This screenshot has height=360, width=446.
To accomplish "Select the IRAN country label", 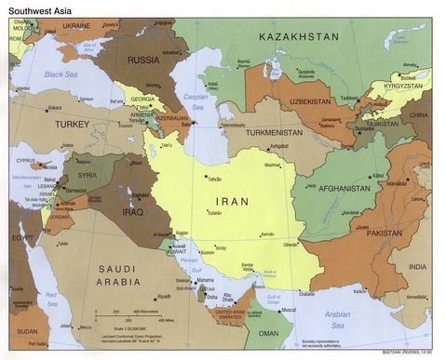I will [232, 201].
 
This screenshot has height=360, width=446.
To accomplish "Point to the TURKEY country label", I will [72, 124].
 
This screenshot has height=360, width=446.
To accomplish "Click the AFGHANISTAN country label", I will [344, 187].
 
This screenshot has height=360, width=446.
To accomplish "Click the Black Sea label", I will [61, 73].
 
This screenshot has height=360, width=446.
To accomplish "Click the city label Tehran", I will [215, 178].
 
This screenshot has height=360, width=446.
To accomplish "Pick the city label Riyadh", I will [163, 296].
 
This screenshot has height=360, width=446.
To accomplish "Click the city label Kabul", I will [378, 175].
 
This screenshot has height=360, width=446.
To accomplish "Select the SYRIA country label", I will [87, 175].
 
